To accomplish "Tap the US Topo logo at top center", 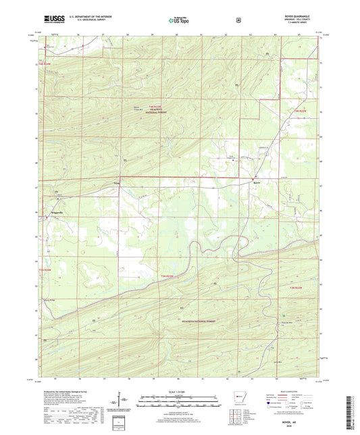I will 179,20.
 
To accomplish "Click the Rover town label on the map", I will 257,182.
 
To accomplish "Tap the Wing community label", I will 117,182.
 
